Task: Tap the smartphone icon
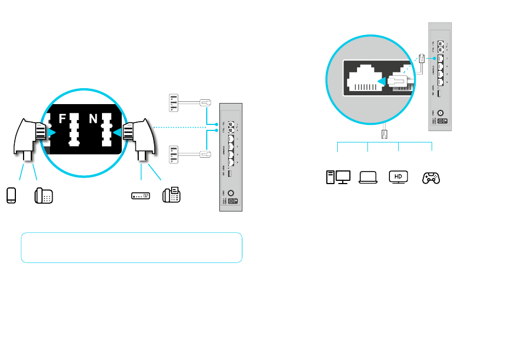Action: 12,195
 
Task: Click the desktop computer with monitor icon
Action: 338,177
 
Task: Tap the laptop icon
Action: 369,177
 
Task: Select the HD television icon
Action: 399,177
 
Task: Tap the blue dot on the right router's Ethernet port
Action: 434,56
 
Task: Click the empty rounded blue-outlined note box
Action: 132,248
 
